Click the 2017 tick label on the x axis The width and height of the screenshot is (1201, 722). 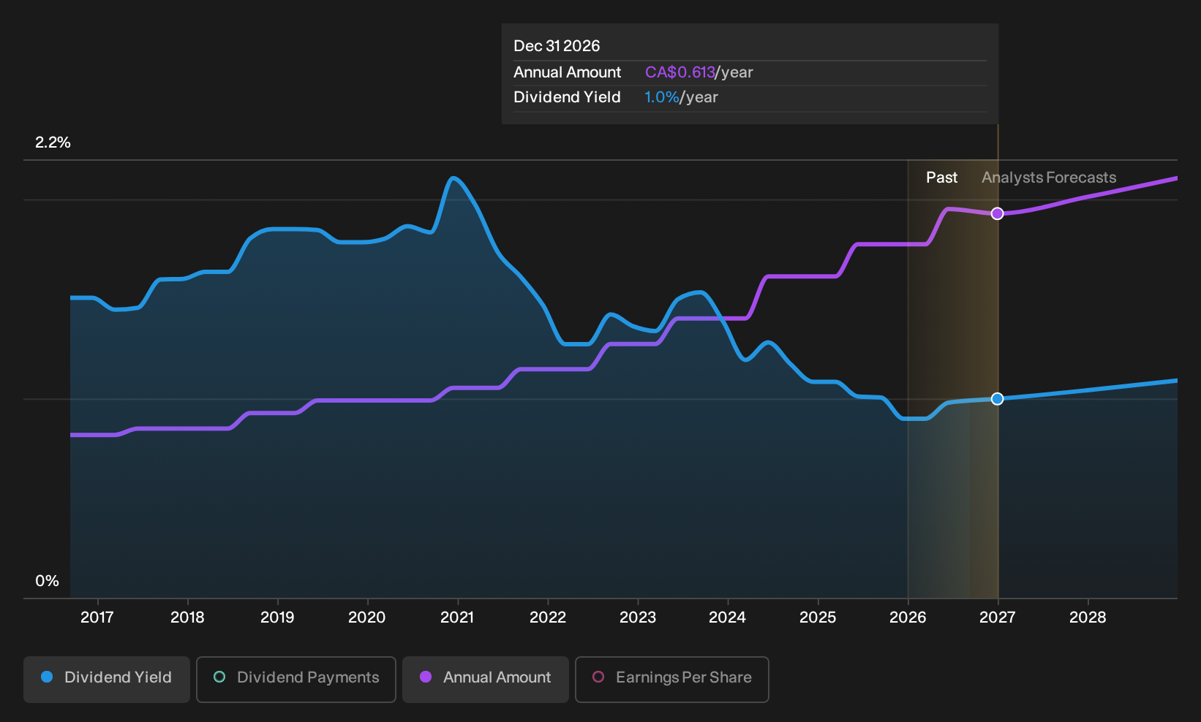click(97, 617)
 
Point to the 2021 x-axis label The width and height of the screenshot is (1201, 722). click(457, 617)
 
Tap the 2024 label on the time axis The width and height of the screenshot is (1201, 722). click(728, 617)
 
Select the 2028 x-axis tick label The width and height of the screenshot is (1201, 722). click(1088, 617)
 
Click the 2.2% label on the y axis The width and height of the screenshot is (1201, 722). click(53, 142)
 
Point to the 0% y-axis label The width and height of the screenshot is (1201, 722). click(48, 581)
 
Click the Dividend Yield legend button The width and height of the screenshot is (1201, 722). click(107, 679)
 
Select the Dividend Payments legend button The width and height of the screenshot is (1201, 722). click(296, 679)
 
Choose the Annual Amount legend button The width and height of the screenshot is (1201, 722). click(485, 679)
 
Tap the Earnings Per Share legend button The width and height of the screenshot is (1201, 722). click(671, 679)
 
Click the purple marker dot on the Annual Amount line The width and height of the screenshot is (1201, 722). click(997, 213)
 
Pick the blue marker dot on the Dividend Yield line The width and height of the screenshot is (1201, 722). click(997, 399)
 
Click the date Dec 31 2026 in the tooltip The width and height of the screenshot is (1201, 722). click(557, 46)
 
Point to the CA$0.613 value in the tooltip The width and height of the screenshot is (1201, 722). click(679, 72)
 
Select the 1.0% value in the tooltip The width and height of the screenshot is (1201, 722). click(662, 97)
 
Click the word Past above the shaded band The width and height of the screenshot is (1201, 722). click(941, 178)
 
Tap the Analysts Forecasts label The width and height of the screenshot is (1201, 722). click(1049, 178)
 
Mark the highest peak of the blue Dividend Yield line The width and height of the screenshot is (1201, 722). click(453, 178)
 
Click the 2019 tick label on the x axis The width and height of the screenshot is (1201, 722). click(277, 617)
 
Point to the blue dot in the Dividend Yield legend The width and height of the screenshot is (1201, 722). click(48, 677)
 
